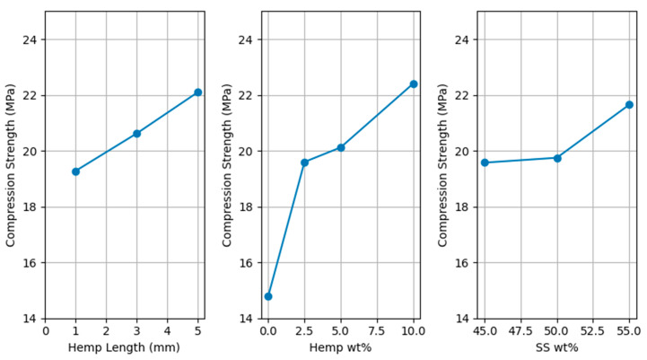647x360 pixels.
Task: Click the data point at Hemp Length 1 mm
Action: point(76,171)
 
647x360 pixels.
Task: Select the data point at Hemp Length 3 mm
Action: point(136,134)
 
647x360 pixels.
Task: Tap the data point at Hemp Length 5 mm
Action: point(197,92)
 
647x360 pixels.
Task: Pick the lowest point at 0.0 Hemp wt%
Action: point(268,296)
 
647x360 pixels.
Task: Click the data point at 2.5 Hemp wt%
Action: point(304,162)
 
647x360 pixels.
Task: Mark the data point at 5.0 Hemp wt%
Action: point(341,147)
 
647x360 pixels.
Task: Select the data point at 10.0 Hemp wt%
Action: point(414,83)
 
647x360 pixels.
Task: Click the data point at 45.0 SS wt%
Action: point(485,162)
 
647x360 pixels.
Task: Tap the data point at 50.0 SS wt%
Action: point(557,158)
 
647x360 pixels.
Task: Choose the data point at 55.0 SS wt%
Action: point(629,105)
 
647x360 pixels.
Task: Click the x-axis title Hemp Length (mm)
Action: point(122,348)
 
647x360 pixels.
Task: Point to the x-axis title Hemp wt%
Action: point(341,348)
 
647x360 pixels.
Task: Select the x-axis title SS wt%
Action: point(556,348)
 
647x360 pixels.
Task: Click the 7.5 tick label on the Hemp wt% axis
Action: point(377,331)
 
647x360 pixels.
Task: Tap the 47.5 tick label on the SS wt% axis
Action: point(520,331)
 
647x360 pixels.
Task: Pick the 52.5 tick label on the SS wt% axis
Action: point(593,331)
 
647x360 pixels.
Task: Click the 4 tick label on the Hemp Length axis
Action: point(167,331)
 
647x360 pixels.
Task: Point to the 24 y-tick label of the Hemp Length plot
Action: point(30,40)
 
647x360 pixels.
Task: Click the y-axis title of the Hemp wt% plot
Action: point(226,164)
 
